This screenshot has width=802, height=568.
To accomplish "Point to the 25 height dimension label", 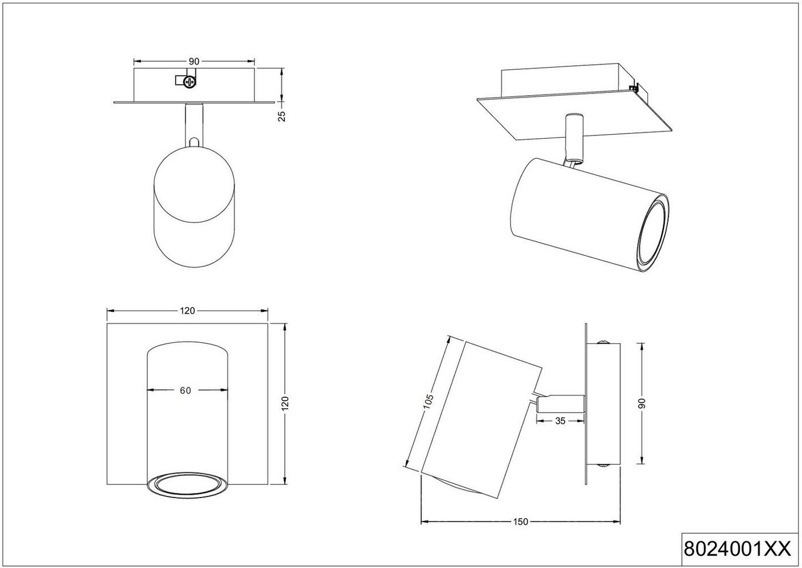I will click(281, 115).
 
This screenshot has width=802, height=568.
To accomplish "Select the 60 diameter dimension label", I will click(185, 390).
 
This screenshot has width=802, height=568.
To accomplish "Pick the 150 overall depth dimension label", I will click(520, 522).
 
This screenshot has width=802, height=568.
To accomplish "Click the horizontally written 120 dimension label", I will click(187, 311).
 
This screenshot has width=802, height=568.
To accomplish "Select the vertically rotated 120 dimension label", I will click(286, 403).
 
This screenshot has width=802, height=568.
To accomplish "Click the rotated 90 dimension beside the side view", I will click(642, 403).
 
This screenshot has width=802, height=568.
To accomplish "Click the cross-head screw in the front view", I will click(190, 82).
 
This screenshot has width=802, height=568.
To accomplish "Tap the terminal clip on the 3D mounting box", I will click(634, 88).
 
